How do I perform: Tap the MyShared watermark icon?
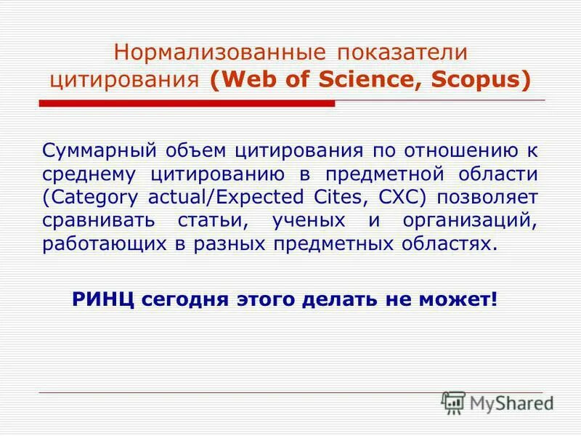click(453, 403)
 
